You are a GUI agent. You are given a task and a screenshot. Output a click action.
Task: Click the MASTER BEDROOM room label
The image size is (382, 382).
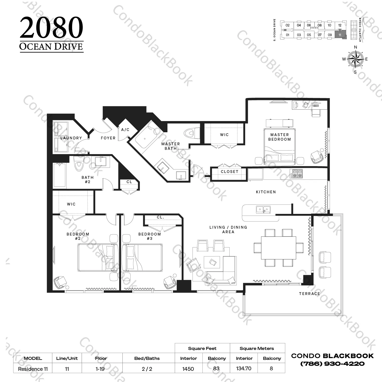point(279,137)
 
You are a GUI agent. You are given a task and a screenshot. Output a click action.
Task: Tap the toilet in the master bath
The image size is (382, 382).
point(190,133)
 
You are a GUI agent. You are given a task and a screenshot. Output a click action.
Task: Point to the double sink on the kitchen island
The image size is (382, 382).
point(263,210)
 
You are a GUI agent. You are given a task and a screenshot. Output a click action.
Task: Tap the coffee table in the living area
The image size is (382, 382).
point(212,262)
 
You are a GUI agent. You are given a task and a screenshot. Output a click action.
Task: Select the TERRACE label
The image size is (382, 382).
point(309,293)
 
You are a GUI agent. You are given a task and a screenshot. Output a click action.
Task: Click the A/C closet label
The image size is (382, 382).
point(125,130)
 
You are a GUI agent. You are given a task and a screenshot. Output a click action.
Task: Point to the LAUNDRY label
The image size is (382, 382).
point(71,138)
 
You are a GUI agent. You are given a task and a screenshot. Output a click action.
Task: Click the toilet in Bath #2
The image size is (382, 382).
point(78,164)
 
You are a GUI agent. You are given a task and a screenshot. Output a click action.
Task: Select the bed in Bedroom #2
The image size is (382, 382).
point(98,257)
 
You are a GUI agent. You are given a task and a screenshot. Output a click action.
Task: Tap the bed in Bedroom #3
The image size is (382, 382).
point(142,257)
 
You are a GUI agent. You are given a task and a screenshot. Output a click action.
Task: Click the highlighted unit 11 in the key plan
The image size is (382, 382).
point(340,35)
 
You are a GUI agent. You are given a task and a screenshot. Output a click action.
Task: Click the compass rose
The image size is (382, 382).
point(355,59)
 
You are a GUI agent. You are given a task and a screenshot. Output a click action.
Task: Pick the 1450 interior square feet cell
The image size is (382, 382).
point(188,369)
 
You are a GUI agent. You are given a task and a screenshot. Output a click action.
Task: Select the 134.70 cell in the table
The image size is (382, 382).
point(244,368)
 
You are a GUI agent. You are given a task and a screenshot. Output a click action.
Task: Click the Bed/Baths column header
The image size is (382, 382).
point(147,358)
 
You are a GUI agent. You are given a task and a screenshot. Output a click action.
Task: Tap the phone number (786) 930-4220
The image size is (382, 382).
point(332,364)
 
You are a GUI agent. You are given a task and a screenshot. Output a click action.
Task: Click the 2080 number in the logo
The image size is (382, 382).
point(51,28)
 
